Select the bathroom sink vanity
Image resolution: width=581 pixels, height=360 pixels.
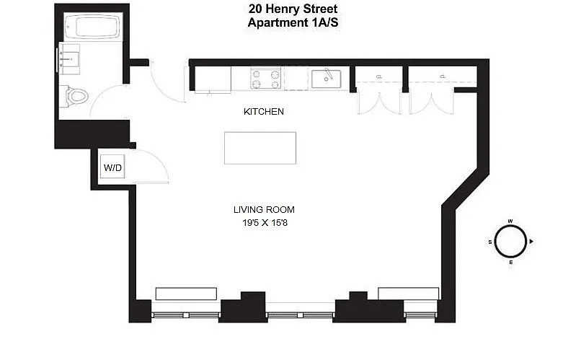pos(69,59)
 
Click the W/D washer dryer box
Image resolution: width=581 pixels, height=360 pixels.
pos(112,167)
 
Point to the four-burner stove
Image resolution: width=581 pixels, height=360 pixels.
pos(266,78)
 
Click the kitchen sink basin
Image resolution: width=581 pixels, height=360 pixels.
pos(326,79)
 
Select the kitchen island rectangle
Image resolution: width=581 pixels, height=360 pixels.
pos(260,148)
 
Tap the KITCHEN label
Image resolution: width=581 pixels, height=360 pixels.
pos(263,112)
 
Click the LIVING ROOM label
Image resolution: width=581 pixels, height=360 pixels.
pos(264,209)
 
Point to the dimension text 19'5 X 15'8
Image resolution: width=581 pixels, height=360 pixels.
pos(265,223)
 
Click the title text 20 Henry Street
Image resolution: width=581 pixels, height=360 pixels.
pos(293,9)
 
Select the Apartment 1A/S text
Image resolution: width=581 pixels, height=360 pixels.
pos(293,22)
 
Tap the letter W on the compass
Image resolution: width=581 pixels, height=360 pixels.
pos(510,221)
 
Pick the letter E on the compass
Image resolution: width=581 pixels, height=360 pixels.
pos(511,263)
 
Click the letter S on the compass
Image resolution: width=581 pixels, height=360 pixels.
pos(490,242)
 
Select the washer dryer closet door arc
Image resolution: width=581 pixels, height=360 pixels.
pos(159,160)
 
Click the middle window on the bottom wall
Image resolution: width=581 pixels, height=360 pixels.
pos(300,315)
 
